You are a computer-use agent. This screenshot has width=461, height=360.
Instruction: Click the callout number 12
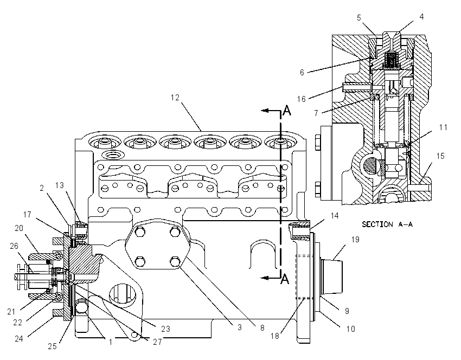(175, 98)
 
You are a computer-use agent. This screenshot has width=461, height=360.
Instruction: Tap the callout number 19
(355, 240)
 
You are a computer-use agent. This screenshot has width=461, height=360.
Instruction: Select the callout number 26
(14, 246)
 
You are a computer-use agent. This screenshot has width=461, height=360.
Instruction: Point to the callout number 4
(421, 17)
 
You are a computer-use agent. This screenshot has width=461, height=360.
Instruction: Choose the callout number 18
(275, 336)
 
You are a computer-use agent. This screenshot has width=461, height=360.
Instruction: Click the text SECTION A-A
(387, 224)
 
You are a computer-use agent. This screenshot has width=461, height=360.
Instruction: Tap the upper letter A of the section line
(287, 111)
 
